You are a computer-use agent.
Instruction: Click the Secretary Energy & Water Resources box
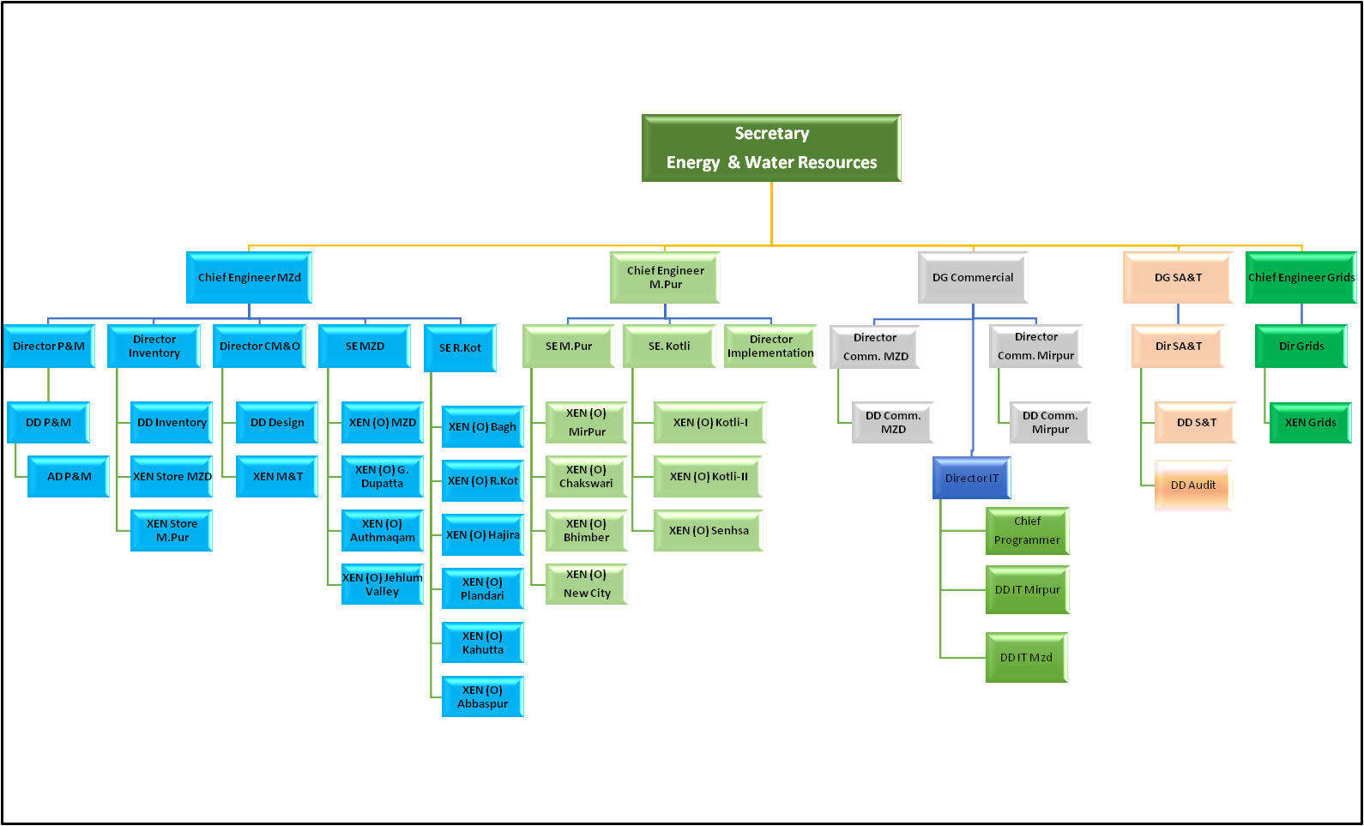[x=771, y=148]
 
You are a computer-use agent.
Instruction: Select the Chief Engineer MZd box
[x=249, y=277]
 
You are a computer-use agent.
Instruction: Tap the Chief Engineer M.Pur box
[x=665, y=277]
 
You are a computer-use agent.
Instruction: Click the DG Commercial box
[x=973, y=277]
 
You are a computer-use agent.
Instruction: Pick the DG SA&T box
[x=1178, y=277]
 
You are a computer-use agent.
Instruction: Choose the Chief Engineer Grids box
[x=1301, y=277]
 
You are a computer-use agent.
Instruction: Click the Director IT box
[x=971, y=478]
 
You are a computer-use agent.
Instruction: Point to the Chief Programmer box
[x=1027, y=530]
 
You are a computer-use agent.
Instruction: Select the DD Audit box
[x=1193, y=485]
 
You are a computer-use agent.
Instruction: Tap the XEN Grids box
[x=1310, y=422]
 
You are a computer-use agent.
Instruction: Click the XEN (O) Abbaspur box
[x=482, y=696]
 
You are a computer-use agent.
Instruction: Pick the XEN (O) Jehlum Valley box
[x=382, y=584]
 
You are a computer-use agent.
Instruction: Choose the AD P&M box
[x=69, y=476]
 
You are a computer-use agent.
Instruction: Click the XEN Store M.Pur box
[x=172, y=530]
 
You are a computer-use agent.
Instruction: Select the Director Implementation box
[x=770, y=346]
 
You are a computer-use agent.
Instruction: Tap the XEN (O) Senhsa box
[x=709, y=530]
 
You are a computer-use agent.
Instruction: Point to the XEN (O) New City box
[x=587, y=583]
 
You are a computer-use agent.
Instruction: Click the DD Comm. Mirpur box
[x=1050, y=422]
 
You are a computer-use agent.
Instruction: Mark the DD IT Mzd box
[x=1026, y=657]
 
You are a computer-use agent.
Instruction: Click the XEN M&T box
[x=277, y=476]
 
